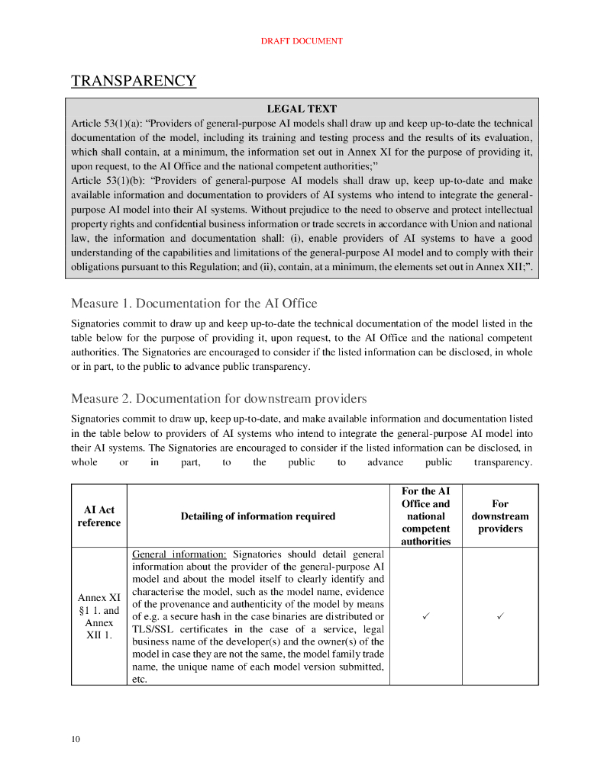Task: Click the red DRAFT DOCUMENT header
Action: point(302,41)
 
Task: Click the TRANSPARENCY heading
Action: point(134,81)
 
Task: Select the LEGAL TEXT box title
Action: point(302,109)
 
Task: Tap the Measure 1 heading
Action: point(194,304)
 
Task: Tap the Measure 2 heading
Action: point(218,399)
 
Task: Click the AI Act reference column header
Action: point(99,516)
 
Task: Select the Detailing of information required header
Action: point(257,516)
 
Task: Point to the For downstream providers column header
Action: point(500,516)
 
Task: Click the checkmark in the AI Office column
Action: point(425,616)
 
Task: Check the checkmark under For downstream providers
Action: point(500,616)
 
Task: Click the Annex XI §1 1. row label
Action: point(99,616)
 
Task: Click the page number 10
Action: point(76,739)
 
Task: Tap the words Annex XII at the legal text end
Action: point(500,267)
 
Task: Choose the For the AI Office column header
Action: point(425,516)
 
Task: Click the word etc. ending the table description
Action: point(139,679)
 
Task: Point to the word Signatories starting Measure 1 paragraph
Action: point(96,323)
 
